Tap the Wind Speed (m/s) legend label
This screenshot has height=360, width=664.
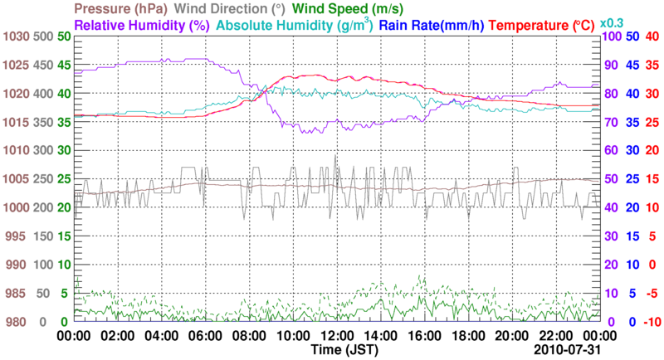pyautogui.click(x=347, y=9)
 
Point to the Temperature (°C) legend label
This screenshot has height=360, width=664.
pyautogui.click(x=543, y=25)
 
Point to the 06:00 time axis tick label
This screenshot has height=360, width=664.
pyautogui.click(x=204, y=336)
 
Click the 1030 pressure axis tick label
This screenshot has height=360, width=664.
pyautogui.click(x=15, y=37)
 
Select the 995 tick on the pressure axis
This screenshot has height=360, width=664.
pyautogui.click(x=15, y=236)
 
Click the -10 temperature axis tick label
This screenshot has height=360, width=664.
pyautogui.click(x=652, y=322)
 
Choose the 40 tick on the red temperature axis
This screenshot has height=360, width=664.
pyautogui.click(x=652, y=37)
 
